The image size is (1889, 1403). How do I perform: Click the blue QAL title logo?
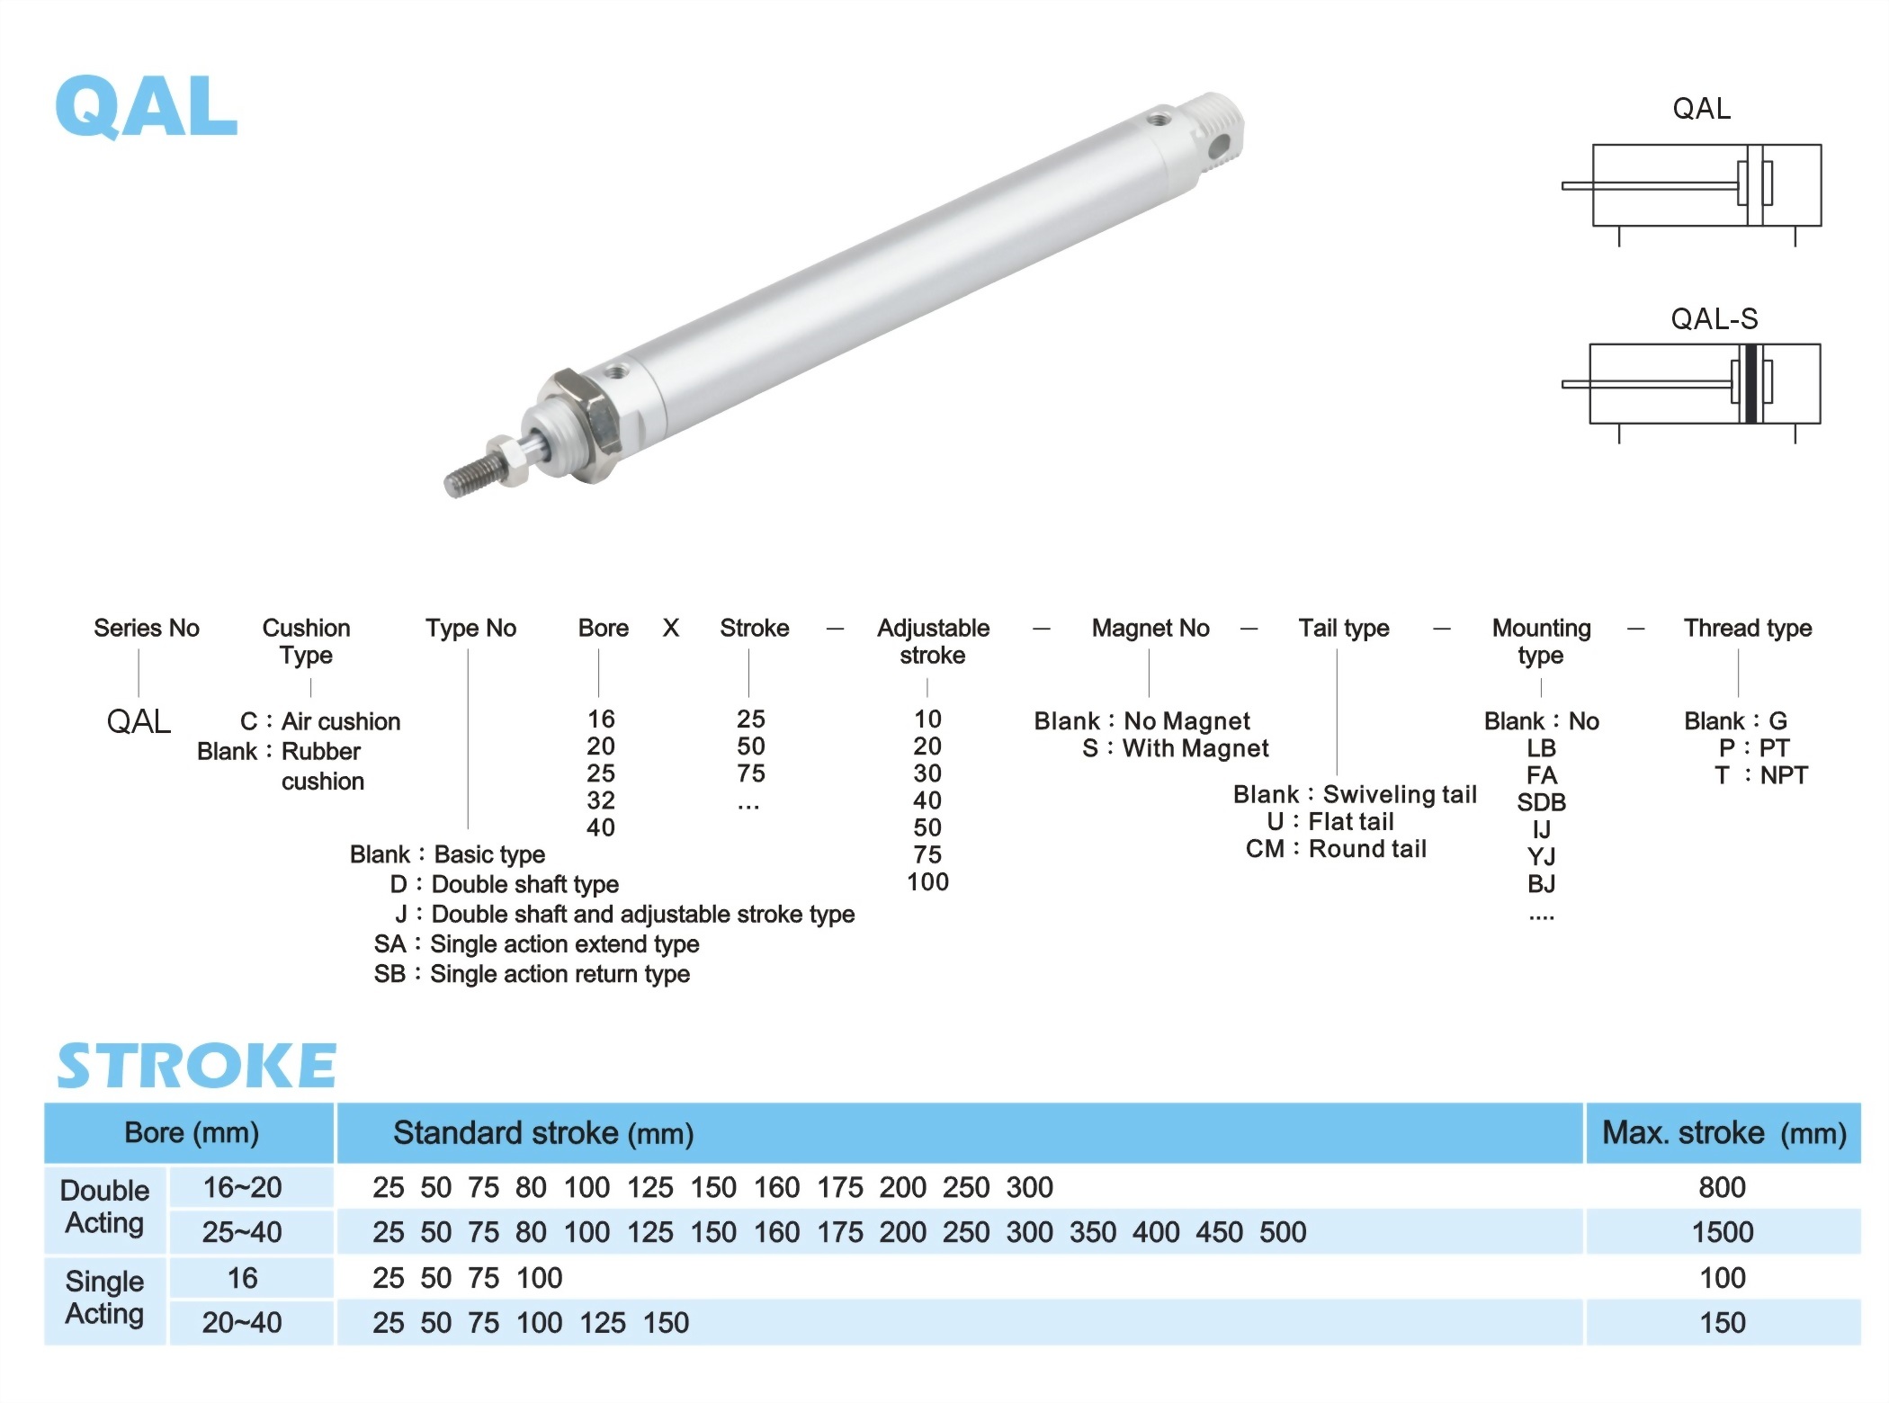click(x=147, y=106)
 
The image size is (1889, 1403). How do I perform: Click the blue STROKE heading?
click(x=196, y=1066)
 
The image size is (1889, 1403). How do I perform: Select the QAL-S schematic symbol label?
click(x=1714, y=318)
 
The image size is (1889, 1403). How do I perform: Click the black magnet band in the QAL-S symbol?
click(x=1750, y=384)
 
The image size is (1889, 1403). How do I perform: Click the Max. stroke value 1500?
click(x=1723, y=1232)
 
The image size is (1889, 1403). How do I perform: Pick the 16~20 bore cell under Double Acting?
click(x=242, y=1187)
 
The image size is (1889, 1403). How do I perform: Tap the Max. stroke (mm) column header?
click(x=1723, y=1133)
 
